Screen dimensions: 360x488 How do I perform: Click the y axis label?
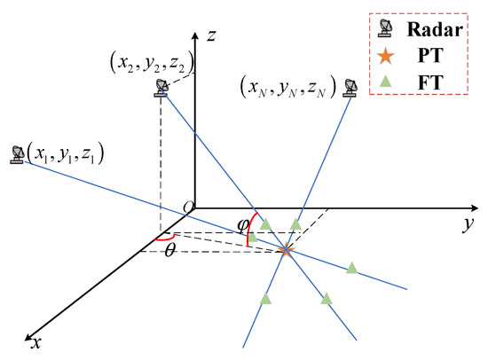click(x=465, y=224)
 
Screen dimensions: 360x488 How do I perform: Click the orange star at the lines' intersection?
click(x=286, y=251)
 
